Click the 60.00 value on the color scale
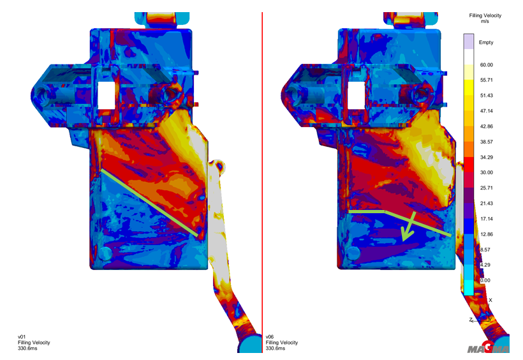pyautogui.click(x=486, y=64)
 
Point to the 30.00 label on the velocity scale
pyautogui.click(x=486, y=172)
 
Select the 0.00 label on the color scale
pyautogui.click(x=485, y=280)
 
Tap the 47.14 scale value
pyautogui.click(x=486, y=111)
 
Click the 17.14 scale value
pyautogui.click(x=486, y=219)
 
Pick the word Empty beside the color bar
pyautogui.click(x=486, y=42)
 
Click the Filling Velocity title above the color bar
pyautogui.click(x=485, y=15)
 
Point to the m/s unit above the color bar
pyautogui.click(x=485, y=21)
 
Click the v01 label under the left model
pyautogui.click(x=22, y=337)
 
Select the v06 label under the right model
pyautogui.click(x=270, y=337)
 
